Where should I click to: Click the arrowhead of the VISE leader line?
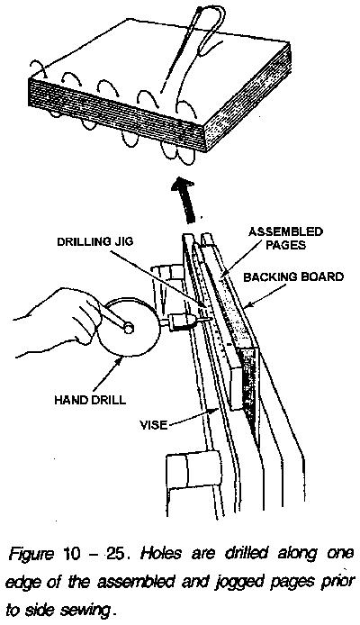216,407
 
